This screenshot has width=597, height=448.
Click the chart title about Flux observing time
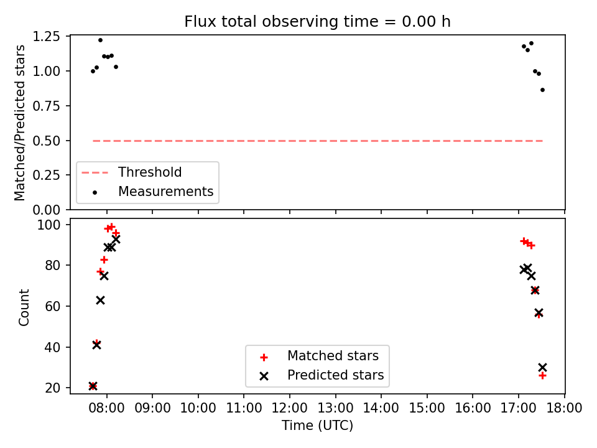pos(317,21)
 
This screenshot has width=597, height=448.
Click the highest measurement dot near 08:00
pos(101,40)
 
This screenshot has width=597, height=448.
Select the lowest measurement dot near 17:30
pos(542,90)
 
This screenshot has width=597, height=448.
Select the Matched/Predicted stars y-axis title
pos(19,123)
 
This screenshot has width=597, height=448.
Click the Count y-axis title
pos(24,307)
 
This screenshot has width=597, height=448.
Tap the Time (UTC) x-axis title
pos(318,425)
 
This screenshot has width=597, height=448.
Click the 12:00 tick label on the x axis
pos(290,408)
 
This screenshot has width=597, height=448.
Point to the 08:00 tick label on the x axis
pos(106,408)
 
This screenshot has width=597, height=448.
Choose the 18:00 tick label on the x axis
pos(564,408)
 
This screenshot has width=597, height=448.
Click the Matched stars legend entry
pos(333,356)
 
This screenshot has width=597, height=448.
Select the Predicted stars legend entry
pos(335,375)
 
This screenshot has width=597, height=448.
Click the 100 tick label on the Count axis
pos(49,225)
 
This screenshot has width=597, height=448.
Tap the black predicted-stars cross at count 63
pos(100,300)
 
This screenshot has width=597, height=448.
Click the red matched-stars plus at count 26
pos(542,376)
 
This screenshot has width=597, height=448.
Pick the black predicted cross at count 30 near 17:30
pos(542,367)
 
